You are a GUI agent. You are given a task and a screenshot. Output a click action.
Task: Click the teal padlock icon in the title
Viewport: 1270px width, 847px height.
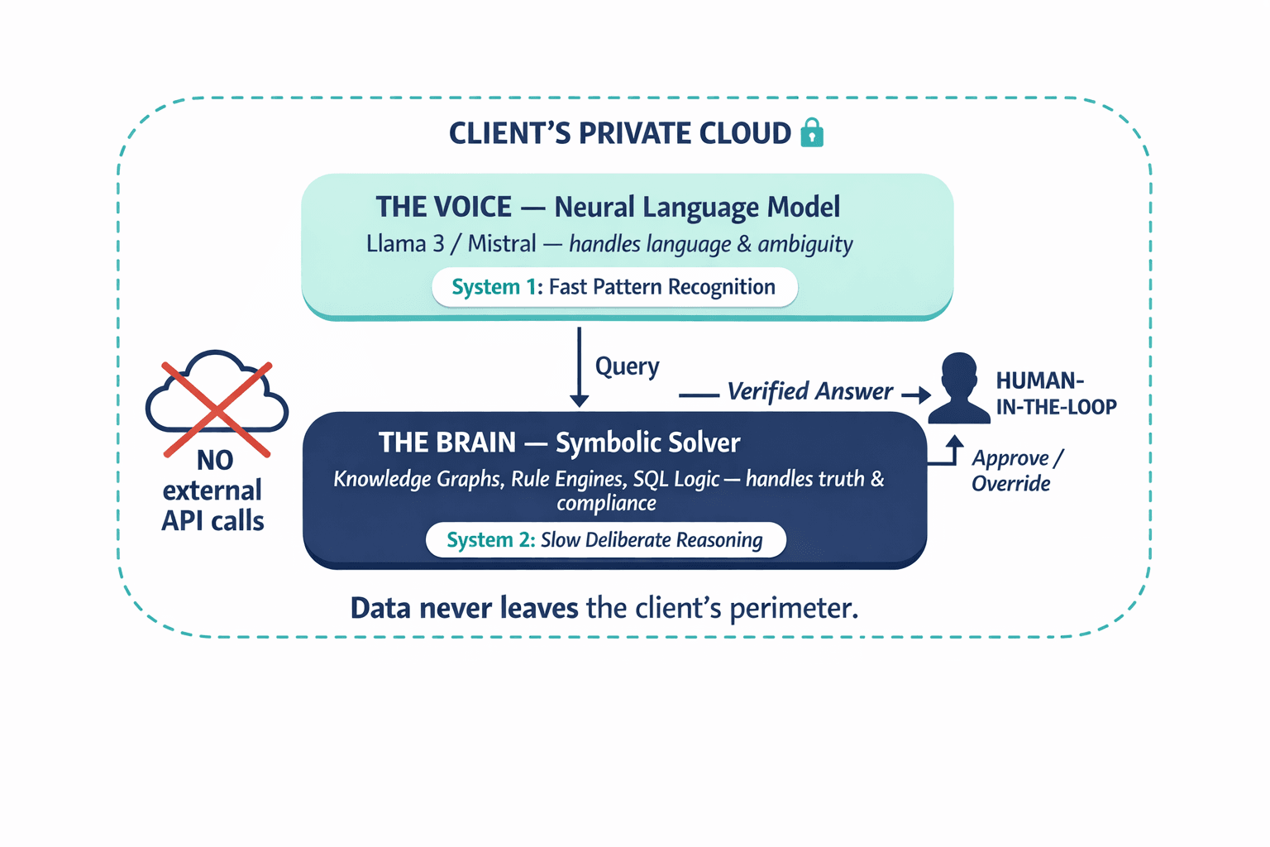pos(812,132)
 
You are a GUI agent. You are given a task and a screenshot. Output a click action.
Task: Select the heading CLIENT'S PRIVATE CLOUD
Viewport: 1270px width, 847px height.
pos(619,133)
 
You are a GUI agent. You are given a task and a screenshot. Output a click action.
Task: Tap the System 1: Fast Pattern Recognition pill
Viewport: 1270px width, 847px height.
pos(614,287)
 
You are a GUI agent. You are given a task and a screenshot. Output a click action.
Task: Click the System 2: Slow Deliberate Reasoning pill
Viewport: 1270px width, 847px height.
pos(605,540)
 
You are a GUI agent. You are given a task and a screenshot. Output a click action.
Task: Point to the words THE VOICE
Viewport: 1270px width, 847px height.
pos(444,207)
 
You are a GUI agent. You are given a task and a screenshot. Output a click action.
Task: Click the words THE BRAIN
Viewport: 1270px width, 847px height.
pos(447,443)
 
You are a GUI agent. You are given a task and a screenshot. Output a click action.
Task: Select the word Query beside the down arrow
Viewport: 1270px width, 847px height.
pos(628,366)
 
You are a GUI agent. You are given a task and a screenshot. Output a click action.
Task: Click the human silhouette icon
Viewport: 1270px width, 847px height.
pos(959,389)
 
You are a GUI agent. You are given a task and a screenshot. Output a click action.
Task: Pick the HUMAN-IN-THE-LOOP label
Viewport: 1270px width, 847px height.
pos(1055,394)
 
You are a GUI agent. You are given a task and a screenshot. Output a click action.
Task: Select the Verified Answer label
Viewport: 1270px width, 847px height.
pos(809,391)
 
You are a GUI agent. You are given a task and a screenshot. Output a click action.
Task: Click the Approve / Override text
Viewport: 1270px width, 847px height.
pos(1015,471)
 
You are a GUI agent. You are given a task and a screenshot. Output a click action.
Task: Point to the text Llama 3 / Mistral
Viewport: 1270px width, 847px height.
pos(451,244)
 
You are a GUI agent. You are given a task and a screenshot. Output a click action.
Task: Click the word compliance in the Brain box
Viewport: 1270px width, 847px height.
pos(606,503)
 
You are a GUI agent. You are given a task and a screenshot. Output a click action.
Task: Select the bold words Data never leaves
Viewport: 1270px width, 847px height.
pos(464,608)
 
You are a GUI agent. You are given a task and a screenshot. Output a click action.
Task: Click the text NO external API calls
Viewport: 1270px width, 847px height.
pos(213,490)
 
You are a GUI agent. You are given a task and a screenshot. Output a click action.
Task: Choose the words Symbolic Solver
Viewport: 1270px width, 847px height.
pos(647,443)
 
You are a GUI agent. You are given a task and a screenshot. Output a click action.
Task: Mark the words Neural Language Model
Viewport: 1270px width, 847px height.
pos(697,207)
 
